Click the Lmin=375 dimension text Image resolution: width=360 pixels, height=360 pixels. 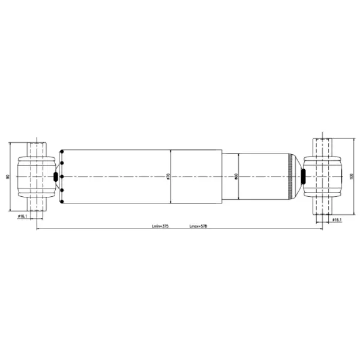click(x=160, y=227)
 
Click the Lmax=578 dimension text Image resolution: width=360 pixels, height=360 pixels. click(x=198, y=227)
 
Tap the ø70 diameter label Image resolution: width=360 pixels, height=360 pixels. click(x=169, y=176)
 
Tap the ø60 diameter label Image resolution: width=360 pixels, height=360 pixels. click(x=237, y=176)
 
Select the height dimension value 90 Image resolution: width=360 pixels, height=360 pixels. click(x=7, y=176)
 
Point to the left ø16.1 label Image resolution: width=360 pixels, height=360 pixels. click(x=22, y=216)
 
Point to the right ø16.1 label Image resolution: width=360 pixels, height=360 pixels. click(x=337, y=220)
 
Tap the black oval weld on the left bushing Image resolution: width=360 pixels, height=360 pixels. click(x=57, y=176)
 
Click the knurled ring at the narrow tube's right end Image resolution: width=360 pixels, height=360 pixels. click(x=292, y=176)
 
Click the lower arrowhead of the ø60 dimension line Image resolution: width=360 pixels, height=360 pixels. click(x=239, y=200)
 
